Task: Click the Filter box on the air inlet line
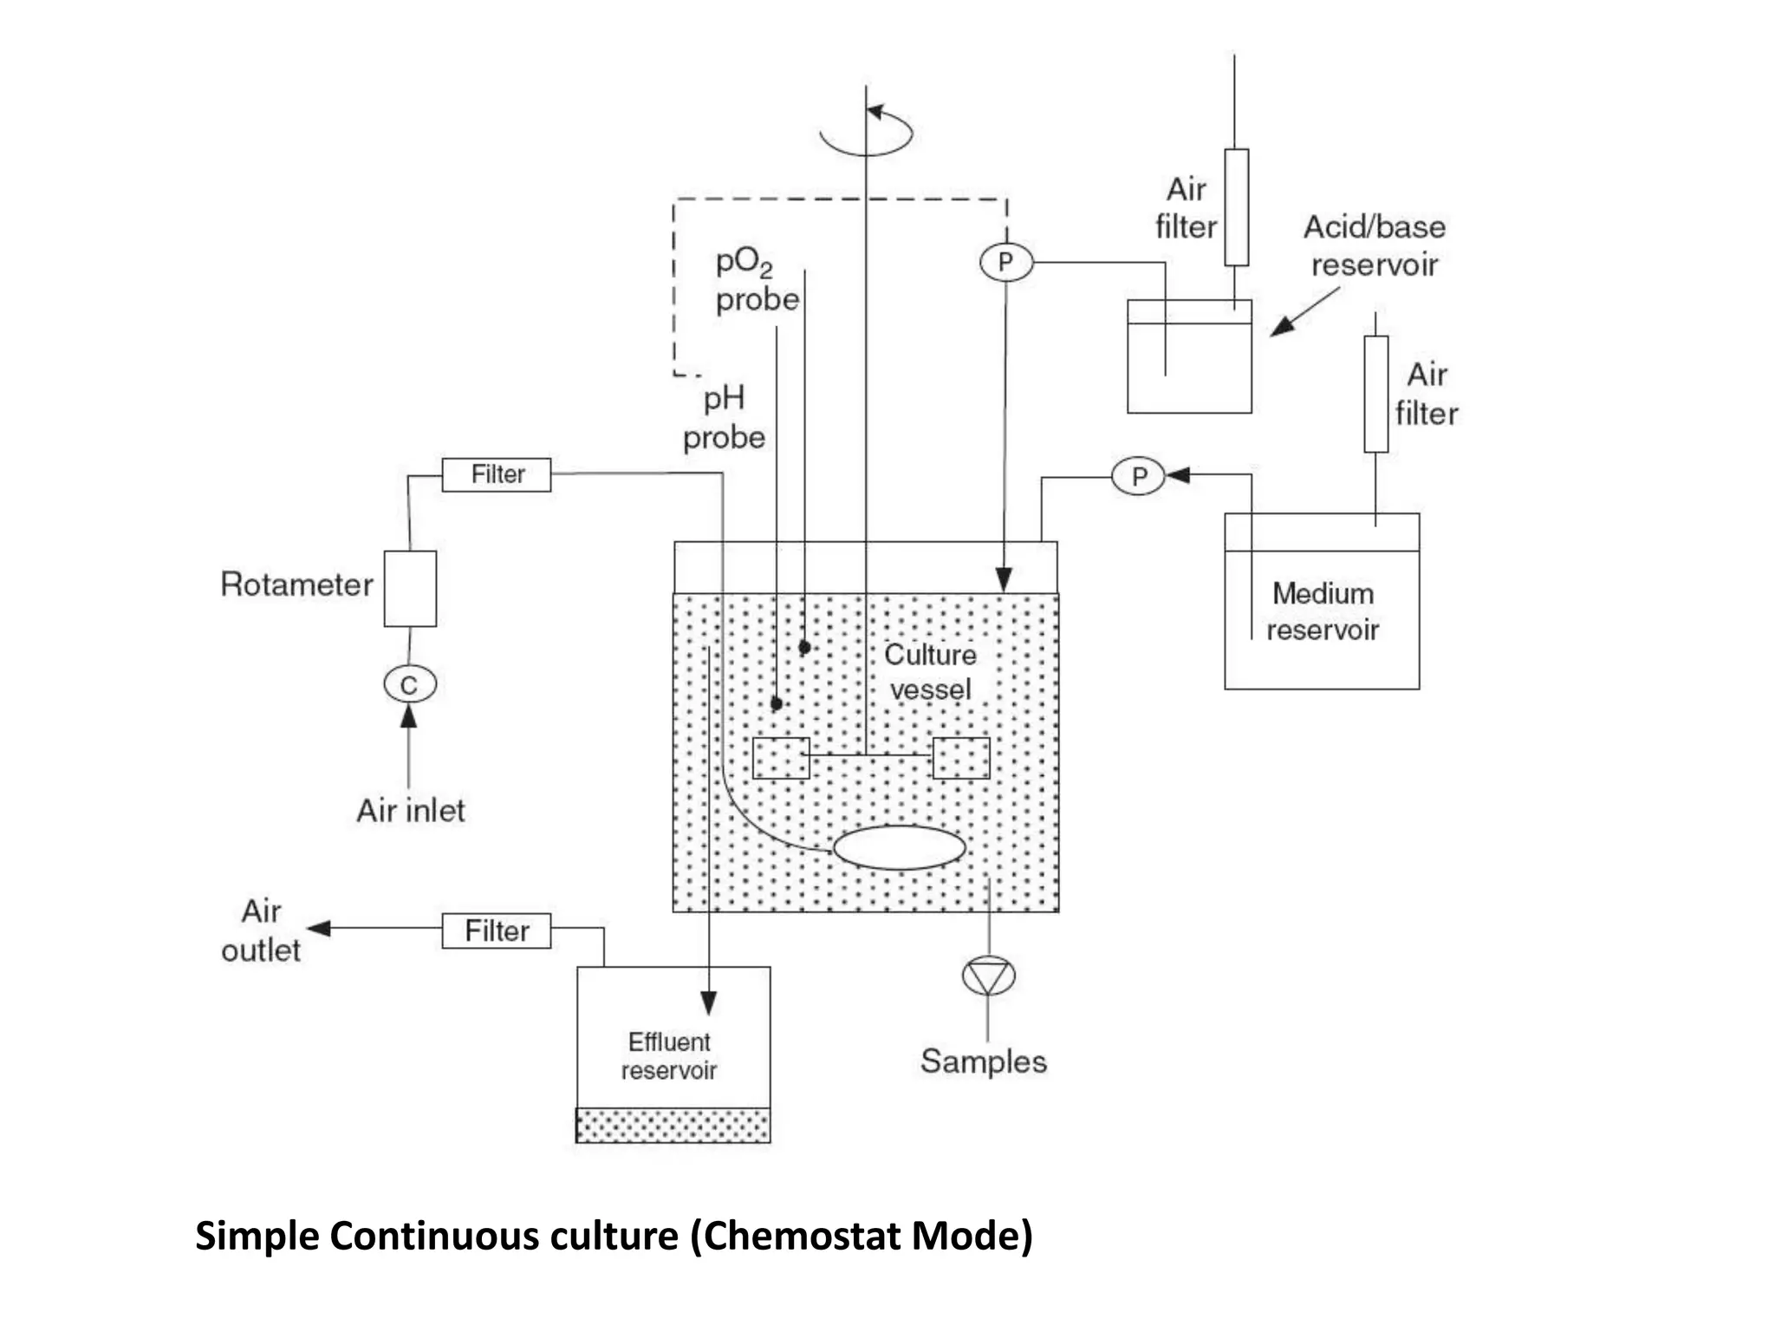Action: pyautogui.click(x=497, y=474)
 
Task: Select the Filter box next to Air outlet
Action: pyautogui.click(x=497, y=930)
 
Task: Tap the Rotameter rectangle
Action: pyautogui.click(x=410, y=588)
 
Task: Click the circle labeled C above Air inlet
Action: pyautogui.click(x=409, y=684)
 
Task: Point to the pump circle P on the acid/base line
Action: pyautogui.click(x=1005, y=262)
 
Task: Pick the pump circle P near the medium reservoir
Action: pyautogui.click(x=1138, y=476)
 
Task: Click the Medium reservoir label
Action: pyautogui.click(x=1323, y=611)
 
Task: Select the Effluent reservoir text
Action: pyautogui.click(x=669, y=1055)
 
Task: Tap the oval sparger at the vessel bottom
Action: pyautogui.click(x=899, y=847)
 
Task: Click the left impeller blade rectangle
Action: pyautogui.click(x=780, y=758)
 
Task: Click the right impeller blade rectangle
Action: pyautogui.click(x=960, y=758)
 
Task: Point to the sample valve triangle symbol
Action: pyautogui.click(x=988, y=976)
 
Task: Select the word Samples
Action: pyautogui.click(x=984, y=1061)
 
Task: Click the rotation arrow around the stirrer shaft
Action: pyautogui.click(x=867, y=132)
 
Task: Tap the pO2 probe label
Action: pyautogui.click(x=756, y=279)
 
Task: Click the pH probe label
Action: pyautogui.click(x=724, y=417)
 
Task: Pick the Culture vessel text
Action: pyautogui.click(x=930, y=672)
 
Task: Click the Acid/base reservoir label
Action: pyautogui.click(x=1375, y=245)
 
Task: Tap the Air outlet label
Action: pyautogui.click(x=261, y=930)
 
